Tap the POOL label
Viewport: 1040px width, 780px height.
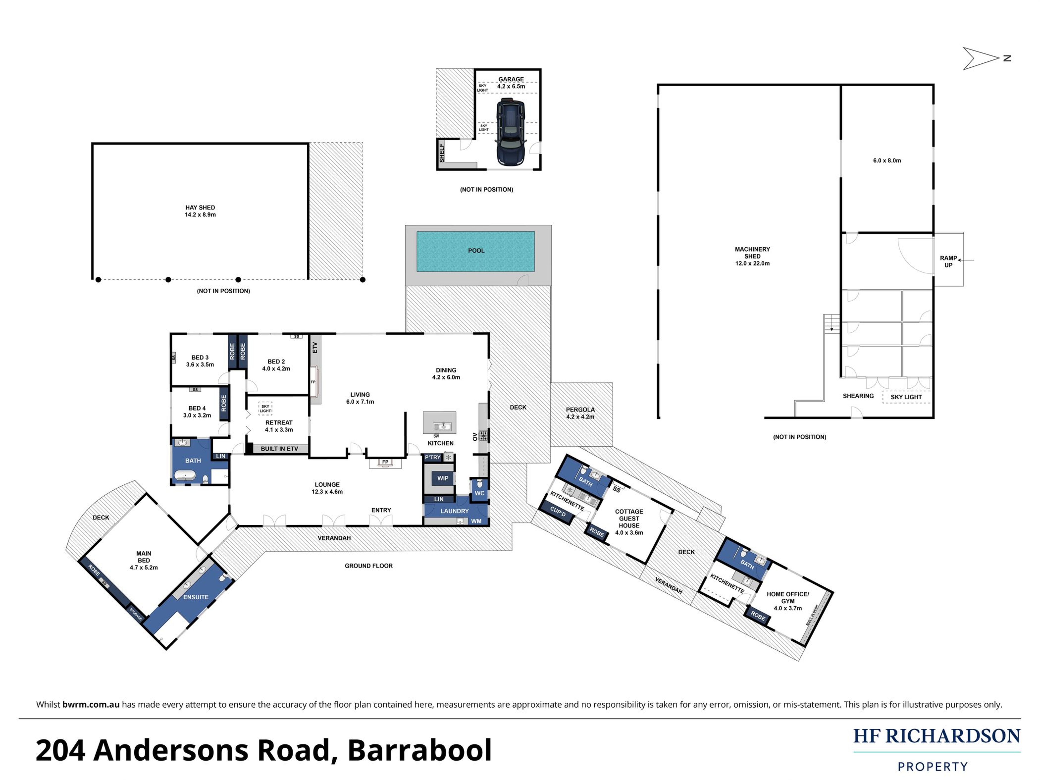point(476,250)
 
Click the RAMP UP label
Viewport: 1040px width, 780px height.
point(948,261)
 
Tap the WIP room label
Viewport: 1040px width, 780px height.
point(443,478)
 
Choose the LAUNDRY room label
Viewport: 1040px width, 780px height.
point(454,511)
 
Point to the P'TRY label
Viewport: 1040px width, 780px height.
point(433,457)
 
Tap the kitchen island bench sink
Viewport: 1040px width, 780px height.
point(442,427)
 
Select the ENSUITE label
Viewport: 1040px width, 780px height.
point(196,597)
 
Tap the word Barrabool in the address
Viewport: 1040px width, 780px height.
point(419,750)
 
